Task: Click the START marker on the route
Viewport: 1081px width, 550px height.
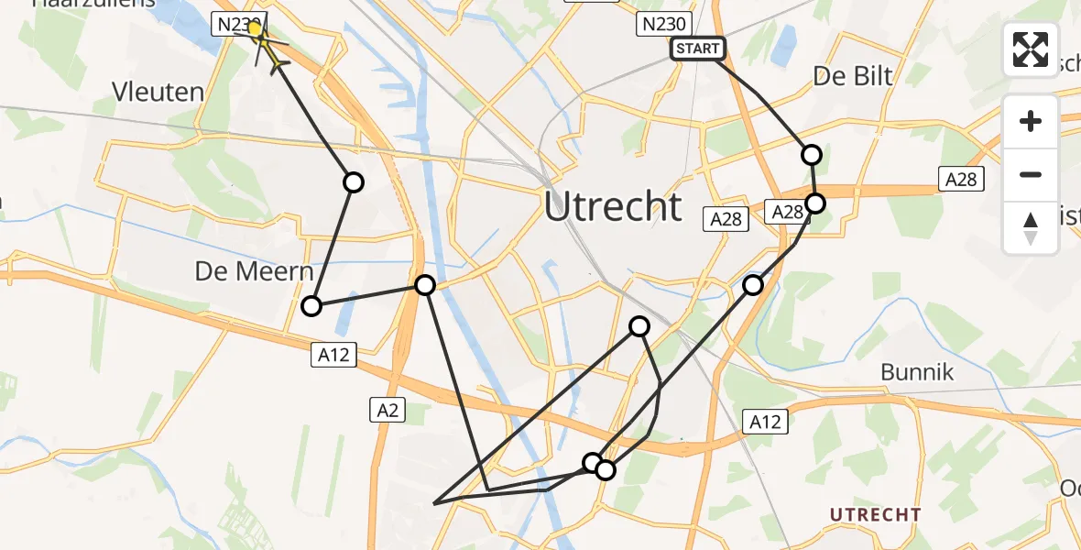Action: [698, 49]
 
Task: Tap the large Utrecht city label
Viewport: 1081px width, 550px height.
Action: [613, 207]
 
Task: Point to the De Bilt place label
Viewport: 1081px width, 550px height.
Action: [852, 76]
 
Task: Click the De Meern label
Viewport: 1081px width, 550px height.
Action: [255, 272]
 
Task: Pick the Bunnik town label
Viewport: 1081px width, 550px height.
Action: [917, 372]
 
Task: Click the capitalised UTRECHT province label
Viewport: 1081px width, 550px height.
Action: [875, 514]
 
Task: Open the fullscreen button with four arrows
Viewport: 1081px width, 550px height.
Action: [1031, 49]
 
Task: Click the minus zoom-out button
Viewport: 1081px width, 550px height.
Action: [1031, 174]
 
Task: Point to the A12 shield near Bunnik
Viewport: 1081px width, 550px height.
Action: [765, 422]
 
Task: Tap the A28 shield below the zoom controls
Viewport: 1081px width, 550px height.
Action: [961, 180]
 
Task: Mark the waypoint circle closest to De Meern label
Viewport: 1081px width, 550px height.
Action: [311, 306]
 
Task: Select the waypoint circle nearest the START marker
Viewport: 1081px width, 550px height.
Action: [811, 155]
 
